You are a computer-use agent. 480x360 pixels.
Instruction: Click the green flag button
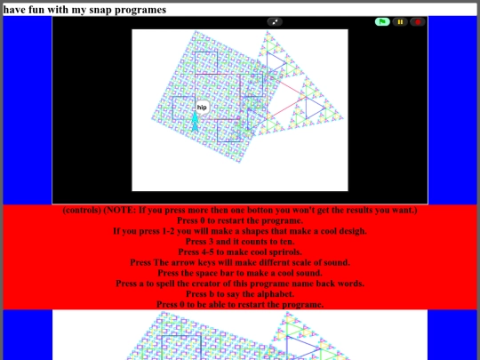pyautogui.click(x=382, y=21)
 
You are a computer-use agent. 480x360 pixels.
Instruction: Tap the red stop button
pyautogui.click(x=418, y=21)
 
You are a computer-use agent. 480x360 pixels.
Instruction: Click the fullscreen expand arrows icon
pyautogui.click(x=275, y=21)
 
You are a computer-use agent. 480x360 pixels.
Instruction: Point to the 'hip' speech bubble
pyautogui.click(x=202, y=108)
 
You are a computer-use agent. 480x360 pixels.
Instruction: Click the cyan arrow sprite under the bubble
pyautogui.click(x=195, y=122)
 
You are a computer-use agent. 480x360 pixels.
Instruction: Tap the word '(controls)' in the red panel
pyautogui.click(x=82, y=211)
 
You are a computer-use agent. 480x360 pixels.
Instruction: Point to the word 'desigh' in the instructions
pyautogui.click(x=350, y=231)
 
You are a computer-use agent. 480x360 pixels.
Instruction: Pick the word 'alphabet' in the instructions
pyautogui.click(x=277, y=294)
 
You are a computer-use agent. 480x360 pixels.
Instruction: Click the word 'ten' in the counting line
pyautogui.click(x=287, y=242)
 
